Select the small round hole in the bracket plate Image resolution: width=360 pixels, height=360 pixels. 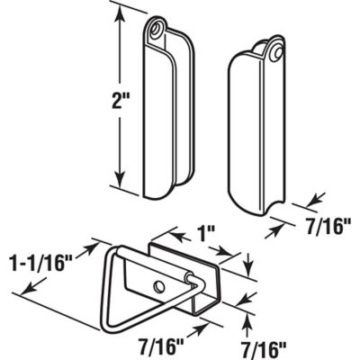coord(159,285)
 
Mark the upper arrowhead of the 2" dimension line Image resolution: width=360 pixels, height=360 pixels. coord(115,11)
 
